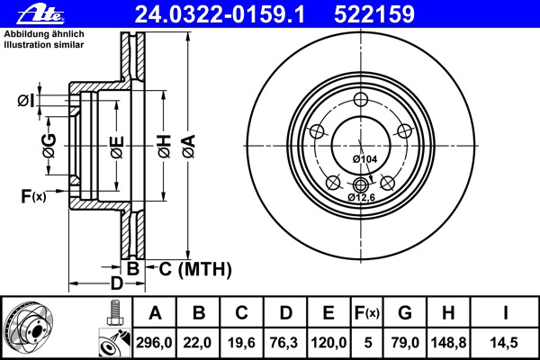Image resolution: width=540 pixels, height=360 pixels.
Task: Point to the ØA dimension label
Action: pos(187,145)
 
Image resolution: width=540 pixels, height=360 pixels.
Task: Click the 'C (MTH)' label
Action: pos(195,268)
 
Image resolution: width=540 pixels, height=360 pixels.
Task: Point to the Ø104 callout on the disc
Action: pos(364,158)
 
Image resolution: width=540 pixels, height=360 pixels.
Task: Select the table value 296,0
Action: pos(155,343)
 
